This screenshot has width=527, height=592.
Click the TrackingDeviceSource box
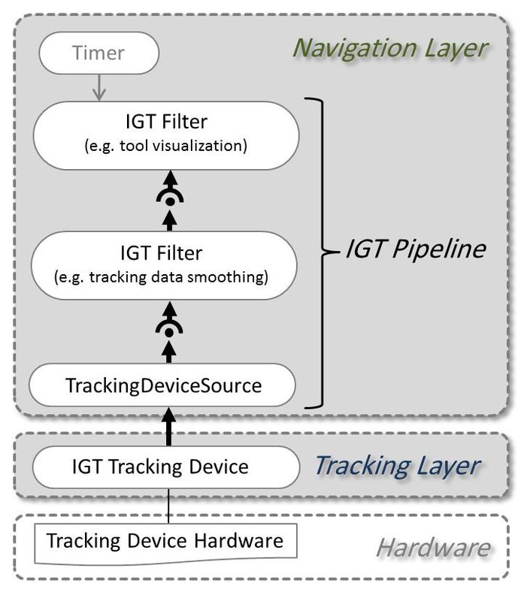163,386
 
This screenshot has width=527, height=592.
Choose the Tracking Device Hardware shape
165,542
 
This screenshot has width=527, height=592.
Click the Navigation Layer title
390,47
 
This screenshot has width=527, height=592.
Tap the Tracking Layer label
395,466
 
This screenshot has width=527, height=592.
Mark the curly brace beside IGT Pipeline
323,252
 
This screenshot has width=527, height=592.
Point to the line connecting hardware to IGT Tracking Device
170,508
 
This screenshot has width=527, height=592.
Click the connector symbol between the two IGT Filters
170,200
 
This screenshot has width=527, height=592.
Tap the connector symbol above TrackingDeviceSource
170,331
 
